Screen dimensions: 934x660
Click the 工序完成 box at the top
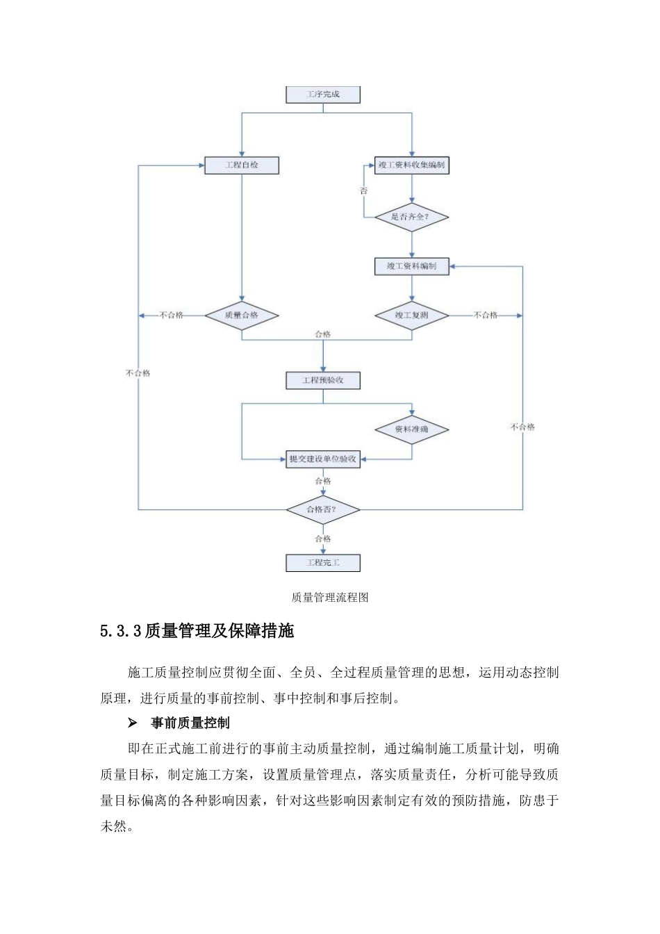(323, 95)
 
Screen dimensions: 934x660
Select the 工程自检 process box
(242, 165)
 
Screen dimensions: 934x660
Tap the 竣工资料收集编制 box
(411, 165)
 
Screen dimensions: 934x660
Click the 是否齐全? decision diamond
(411, 217)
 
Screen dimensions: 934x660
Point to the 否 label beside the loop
(363, 190)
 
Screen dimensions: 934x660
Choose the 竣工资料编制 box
(411, 266)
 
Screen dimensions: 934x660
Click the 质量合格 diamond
(242, 316)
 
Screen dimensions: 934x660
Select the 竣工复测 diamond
(411, 316)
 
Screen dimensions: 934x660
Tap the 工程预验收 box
(323, 381)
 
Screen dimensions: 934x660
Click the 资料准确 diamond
(411, 429)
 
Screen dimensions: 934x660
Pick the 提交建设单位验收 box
(323, 459)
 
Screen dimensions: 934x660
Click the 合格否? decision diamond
(323, 509)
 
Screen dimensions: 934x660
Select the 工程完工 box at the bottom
(323, 563)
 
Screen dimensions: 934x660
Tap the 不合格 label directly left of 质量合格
(172, 316)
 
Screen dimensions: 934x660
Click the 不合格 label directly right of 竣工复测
(486, 316)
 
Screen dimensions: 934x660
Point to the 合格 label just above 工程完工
(323, 539)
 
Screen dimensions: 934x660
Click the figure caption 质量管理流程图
(330, 598)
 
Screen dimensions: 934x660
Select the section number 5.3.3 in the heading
(121, 631)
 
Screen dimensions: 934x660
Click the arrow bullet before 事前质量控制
(132, 723)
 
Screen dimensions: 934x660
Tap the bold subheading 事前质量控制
(190, 723)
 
